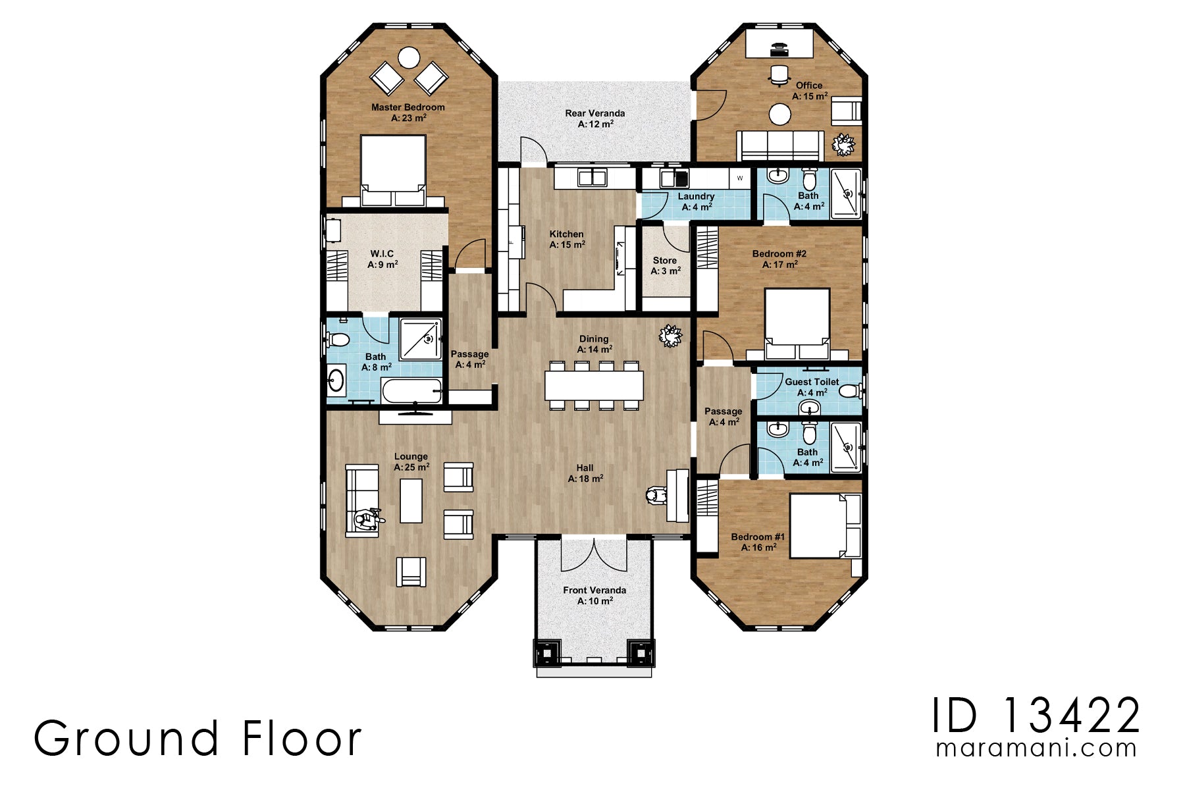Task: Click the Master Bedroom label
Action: click(x=408, y=107)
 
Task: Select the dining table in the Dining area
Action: click(x=594, y=385)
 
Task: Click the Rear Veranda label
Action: click(x=594, y=113)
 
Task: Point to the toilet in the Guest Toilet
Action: click(x=851, y=392)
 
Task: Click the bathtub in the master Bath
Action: click(x=411, y=392)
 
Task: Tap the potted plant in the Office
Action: click(x=843, y=144)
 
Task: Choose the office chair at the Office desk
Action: click(x=779, y=75)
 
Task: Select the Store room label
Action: click(x=665, y=261)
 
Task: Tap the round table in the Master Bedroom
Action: click(x=409, y=58)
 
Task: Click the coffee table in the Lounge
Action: click(x=411, y=500)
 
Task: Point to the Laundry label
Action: click(x=696, y=196)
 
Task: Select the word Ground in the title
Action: click(x=126, y=739)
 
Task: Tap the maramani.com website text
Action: click(x=1036, y=749)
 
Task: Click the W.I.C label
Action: click(x=382, y=253)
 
